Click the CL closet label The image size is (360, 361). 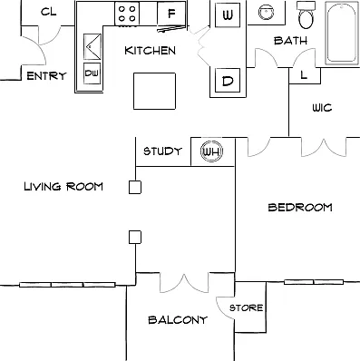tap(48, 12)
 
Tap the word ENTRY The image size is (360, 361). tap(46, 75)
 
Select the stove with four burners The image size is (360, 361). tap(127, 14)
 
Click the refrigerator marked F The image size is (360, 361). tap(171, 14)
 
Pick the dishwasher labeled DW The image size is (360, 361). tap(92, 73)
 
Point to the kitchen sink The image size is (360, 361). tap(92, 46)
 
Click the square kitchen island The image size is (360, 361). tap(154, 91)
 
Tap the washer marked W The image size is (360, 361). tap(228, 15)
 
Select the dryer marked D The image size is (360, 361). tap(228, 81)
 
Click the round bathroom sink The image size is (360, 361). tap(266, 12)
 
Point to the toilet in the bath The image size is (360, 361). tap(306, 15)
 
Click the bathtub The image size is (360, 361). tap(341, 33)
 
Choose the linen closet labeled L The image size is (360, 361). tap(305, 75)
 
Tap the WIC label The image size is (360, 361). tap(322, 108)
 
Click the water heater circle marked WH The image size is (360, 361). tap(212, 151)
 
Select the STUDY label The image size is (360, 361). tap(162, 151)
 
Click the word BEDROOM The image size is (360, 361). tap(300, 208)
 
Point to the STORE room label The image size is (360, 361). tap(246, 307)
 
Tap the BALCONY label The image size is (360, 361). tap(178, 320)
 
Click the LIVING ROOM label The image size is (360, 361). tap(63, 186)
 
